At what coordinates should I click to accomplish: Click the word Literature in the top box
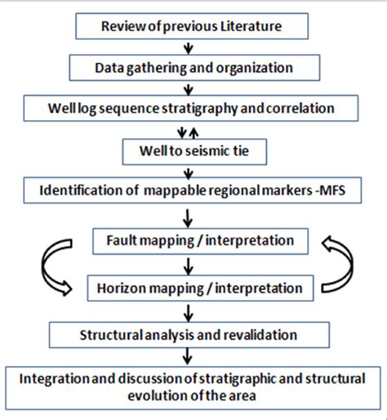coord(251,26)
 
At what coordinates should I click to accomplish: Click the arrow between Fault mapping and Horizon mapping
coord(189,265)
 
